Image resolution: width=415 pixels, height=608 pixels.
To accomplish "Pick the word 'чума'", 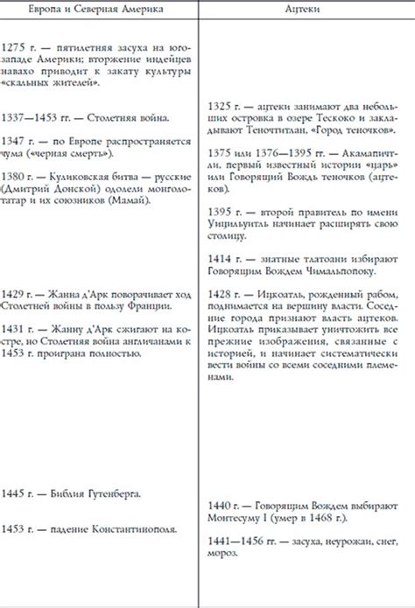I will tap(13, 152).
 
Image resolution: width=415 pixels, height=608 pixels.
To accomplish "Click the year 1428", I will tap(225, 293).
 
